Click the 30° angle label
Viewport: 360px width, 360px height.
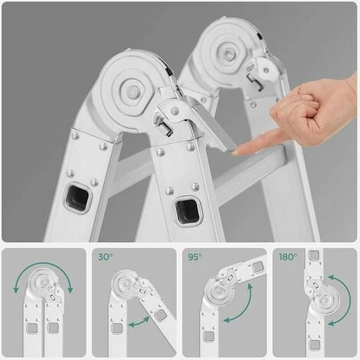(105, 257)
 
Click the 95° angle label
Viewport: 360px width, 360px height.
(195, 257)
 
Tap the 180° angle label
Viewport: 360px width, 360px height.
(288, 257)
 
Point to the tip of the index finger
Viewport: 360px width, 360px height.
(235, 152)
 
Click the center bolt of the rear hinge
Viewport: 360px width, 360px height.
(227, 54)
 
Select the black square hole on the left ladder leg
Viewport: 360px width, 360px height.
(78, 197)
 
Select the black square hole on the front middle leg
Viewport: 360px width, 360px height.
(187, 211)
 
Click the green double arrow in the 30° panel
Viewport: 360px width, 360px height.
(139, 322)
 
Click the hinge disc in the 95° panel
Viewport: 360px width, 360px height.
(218, 291)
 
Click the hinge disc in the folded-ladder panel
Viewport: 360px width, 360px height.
(42, 281)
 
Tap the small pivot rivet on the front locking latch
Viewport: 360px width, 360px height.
(175, 110)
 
